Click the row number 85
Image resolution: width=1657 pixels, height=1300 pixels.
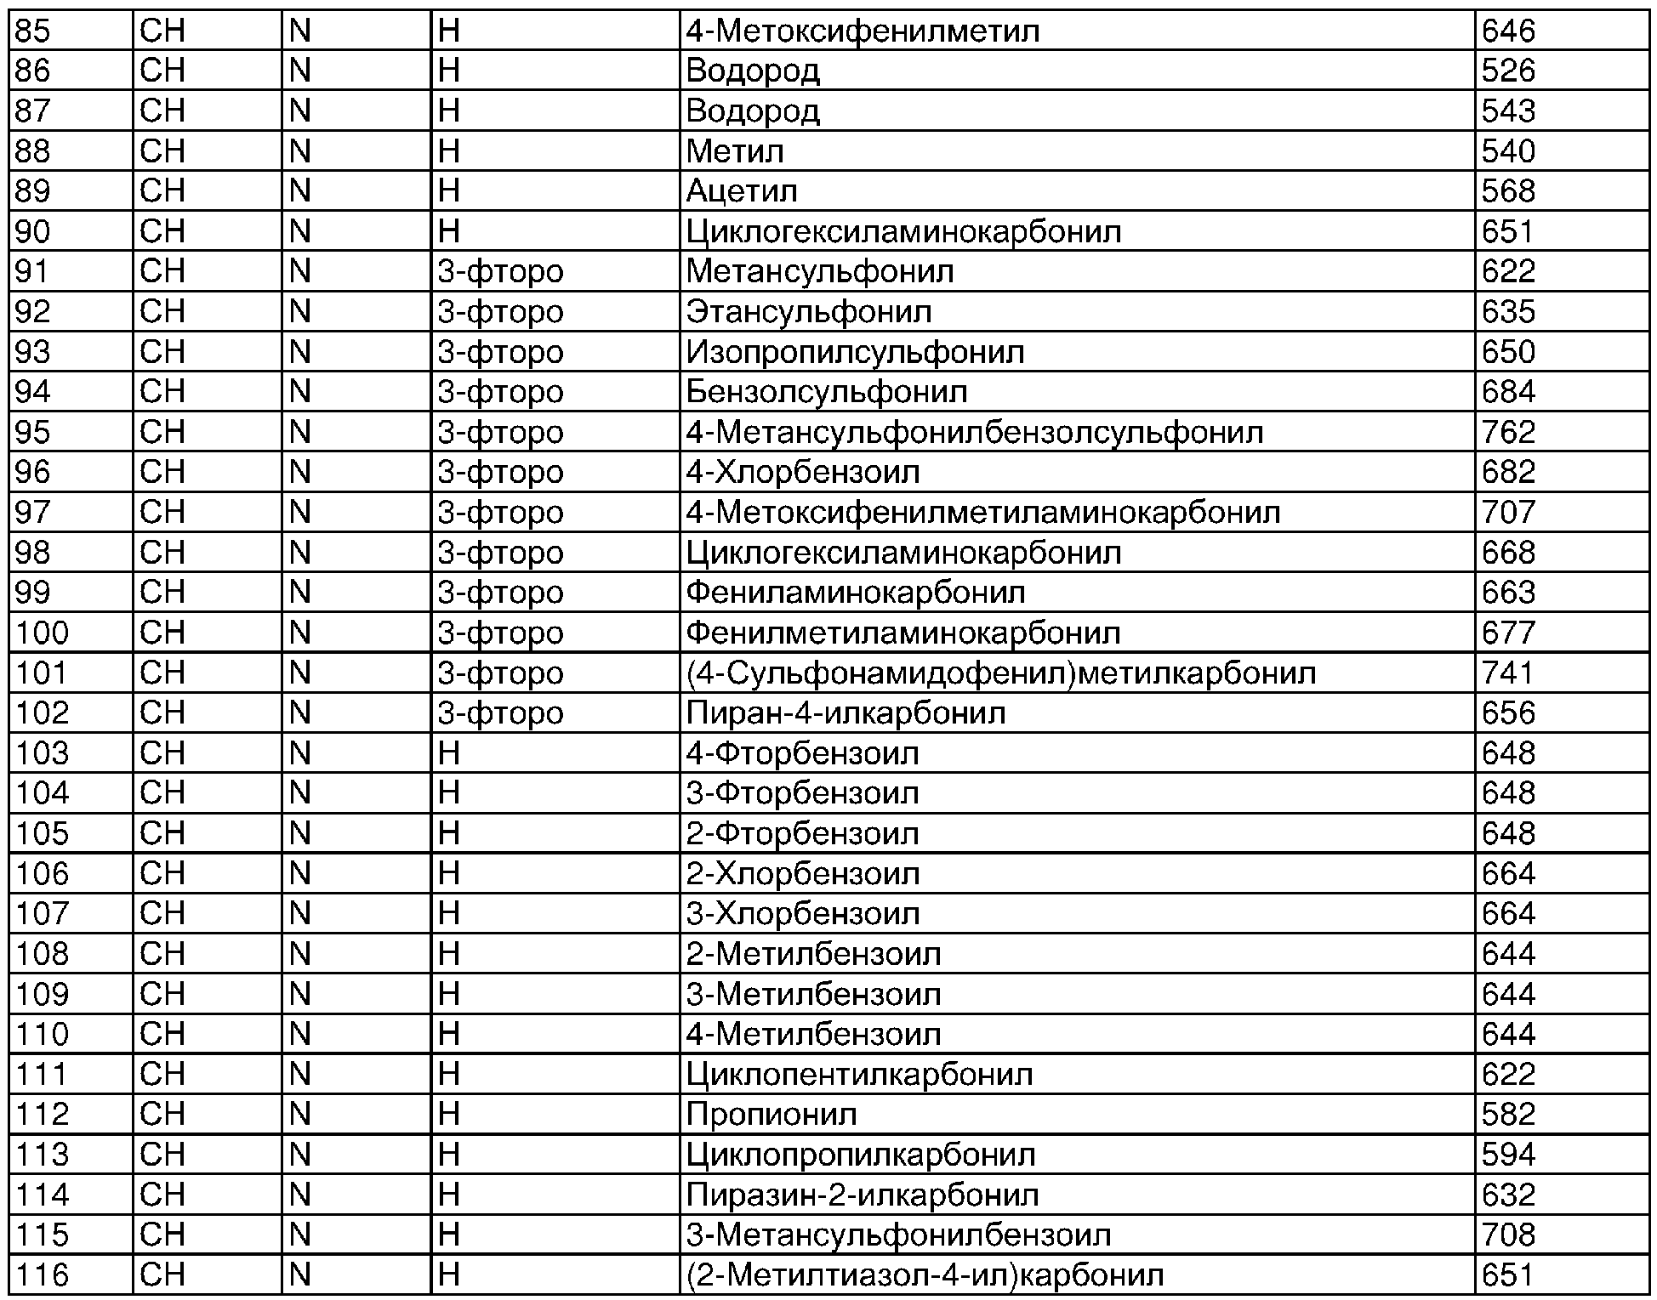(x=33, y=31)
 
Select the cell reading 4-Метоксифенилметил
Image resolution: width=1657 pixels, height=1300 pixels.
(x=863, y=31)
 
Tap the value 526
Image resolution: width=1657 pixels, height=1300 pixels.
(x=1508, y=71)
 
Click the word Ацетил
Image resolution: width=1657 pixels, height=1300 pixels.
(x=742, y=191)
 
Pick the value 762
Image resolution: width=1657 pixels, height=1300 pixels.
(x=1508, y=433)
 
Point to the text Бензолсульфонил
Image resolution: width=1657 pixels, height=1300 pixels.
(x=827, y=392)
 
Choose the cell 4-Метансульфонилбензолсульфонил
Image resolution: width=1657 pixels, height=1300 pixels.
(x=975, y=433)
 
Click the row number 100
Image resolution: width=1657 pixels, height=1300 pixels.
(x=43, y=633)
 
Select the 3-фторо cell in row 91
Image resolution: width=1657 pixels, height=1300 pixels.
(x=500, y=272)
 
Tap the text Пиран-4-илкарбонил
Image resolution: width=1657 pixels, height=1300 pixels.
(x=846, y=713)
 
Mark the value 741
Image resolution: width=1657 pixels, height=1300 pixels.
(x=1507, y=673)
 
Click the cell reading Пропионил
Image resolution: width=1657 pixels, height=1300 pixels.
(x=772, y=1115)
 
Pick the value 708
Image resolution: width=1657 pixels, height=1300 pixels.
(x=1508, y=1235)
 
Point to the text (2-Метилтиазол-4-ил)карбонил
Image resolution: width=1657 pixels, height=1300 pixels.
(x=925, y=1275)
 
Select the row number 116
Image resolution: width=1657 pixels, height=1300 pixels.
(x=43, y=1275)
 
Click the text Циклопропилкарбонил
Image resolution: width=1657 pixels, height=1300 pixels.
(x=861, y=1155)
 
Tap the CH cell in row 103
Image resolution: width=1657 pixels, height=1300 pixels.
(x=162, y=753)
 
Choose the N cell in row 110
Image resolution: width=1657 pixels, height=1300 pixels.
(x=300, y=1035)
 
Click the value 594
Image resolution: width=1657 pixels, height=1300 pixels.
(x=1508, y=1155)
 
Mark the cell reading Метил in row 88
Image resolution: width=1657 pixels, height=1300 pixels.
(x=735, y=151)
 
